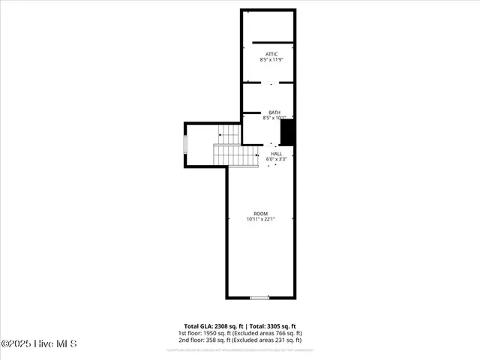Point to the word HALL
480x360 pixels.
point(277,154)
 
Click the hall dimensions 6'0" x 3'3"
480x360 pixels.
point(277,160)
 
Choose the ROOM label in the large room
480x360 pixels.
point(260,214)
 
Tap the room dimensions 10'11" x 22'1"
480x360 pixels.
point(260,220)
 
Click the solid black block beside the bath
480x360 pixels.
point(287,133)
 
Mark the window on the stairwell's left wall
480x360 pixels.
point(185,143)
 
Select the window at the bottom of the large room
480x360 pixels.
point(259,298)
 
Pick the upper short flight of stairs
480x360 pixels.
point(229,134)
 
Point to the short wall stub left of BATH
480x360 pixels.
point(250,114)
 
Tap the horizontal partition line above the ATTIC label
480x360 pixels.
point(271,42)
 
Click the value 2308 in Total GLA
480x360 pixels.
point(214,326)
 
